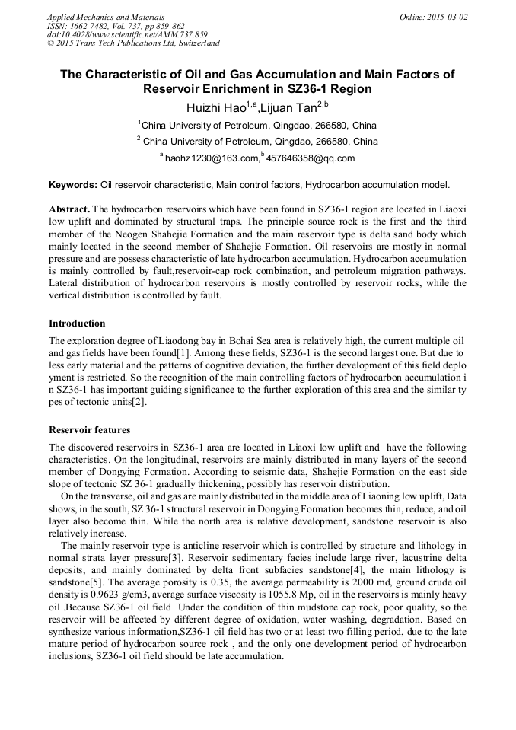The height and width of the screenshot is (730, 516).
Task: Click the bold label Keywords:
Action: tap(73, 185)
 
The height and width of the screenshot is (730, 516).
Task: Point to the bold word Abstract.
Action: tap(68, 209)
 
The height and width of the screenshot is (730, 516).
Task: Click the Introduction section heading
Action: tap(77, 324)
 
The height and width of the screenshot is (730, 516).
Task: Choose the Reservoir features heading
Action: tap(89, 430)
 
